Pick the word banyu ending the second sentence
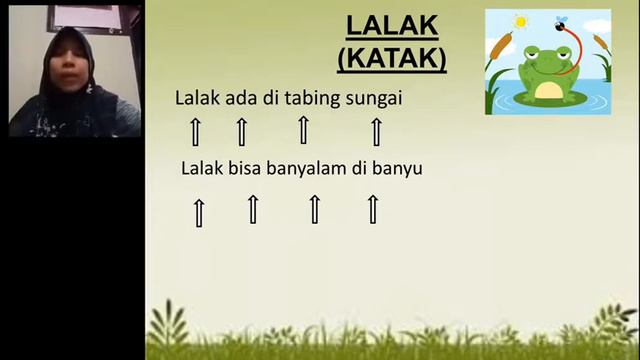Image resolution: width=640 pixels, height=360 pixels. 396,168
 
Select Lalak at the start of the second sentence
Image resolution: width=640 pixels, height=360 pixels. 203,168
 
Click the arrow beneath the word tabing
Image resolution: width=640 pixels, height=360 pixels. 303,130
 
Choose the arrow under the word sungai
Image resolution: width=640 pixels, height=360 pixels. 377,131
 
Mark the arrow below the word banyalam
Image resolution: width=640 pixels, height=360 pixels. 314,209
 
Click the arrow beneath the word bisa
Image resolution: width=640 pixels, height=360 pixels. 253,209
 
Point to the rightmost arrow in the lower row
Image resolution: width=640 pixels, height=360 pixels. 373,209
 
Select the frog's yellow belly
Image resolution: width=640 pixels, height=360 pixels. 548,90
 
